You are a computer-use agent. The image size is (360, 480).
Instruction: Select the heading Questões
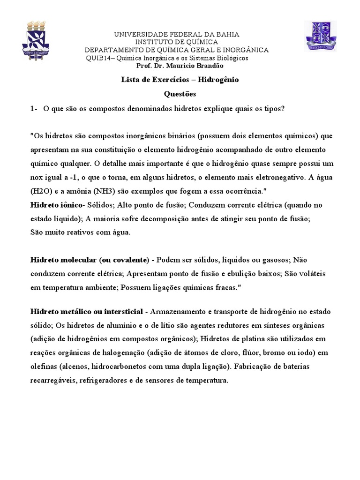coord(180,94)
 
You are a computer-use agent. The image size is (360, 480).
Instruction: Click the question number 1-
coord(33,109)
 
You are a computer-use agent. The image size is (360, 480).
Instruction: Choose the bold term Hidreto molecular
coord(63,260)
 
